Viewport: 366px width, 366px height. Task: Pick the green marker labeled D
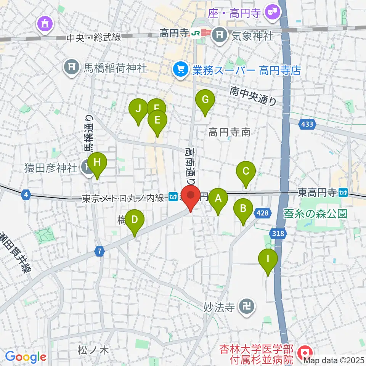[x=135, y=220]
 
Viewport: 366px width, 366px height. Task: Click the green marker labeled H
[x=97, y=163]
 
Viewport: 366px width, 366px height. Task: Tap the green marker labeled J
[x=138, y=109]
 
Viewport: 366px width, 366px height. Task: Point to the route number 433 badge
[x=307, y=124]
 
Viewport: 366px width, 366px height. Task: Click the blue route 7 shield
[x=100, y=251]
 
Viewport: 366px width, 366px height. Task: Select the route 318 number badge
[x=278, y=233]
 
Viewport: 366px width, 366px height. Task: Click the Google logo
[x=26, y=357]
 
